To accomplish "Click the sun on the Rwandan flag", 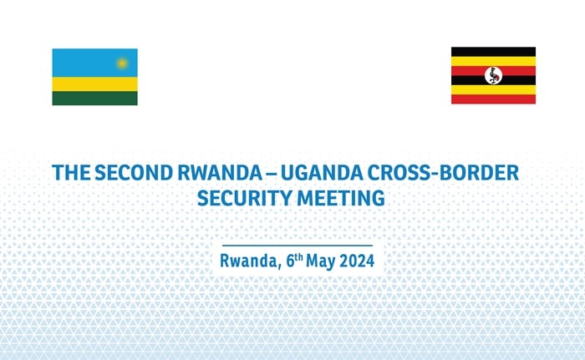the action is [122, 63].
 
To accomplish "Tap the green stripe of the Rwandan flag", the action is [94, 99].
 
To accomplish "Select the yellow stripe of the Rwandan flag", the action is [94, 84].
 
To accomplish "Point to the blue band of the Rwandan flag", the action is [94, 63].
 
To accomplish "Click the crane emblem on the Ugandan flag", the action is [493, 76].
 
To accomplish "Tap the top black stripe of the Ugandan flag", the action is [493, 52].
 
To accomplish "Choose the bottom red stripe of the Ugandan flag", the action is [493, 99].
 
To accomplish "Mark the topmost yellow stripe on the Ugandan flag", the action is [493, 61].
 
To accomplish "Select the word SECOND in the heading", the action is [134, 173].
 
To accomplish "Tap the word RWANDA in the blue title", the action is [220, 173].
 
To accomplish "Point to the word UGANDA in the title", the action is [322, 173].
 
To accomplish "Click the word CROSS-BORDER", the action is [443, 173].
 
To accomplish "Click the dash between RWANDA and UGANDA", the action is [272, 174].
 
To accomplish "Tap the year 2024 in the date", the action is [357, 261].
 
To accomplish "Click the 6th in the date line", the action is [294, 260].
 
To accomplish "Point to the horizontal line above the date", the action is [298, 246].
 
